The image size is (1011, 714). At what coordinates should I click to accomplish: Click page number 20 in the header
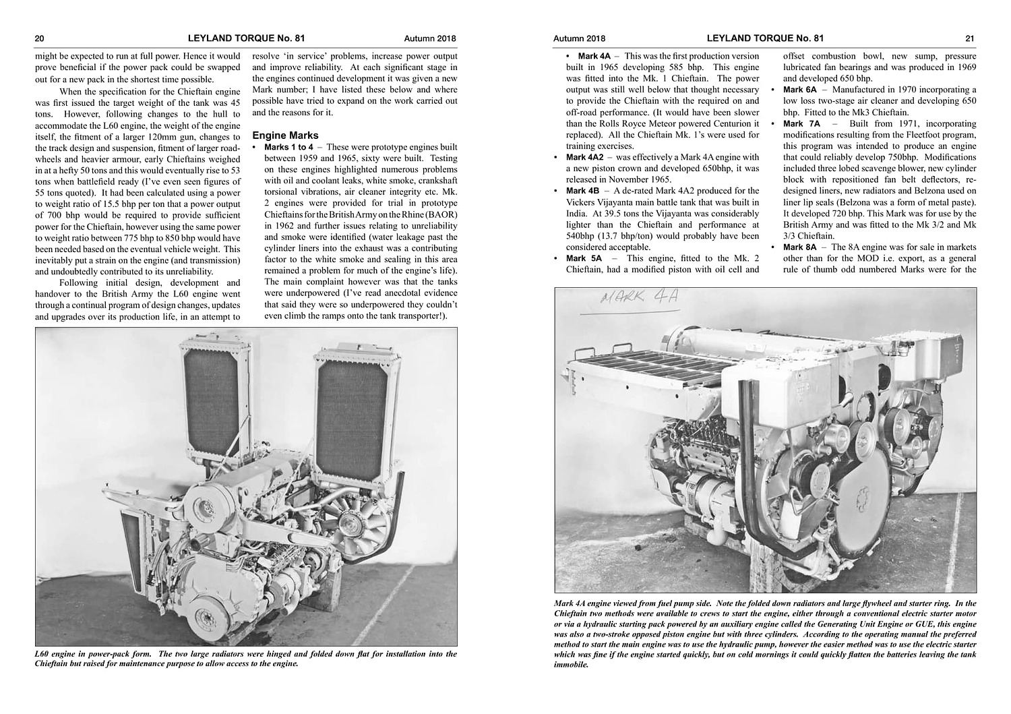pyautogui.click(x=40, y=38)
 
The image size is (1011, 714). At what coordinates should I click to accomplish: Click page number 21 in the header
pyautogui.click(x=970, y=38)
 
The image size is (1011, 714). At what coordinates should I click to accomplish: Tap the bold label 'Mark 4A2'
pyautogui.click(x=584, y=157)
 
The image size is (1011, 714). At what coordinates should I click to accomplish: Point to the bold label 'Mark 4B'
pyautogui.click(x=582, y=191)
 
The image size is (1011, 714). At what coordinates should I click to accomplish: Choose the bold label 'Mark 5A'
pyautogui.click(x=584, y=258)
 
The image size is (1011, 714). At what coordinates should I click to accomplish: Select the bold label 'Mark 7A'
pyautogui.click(x=801, y=123)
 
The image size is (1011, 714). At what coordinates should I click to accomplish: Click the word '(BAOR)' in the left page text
pyautogui.click(x=441, y=214)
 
